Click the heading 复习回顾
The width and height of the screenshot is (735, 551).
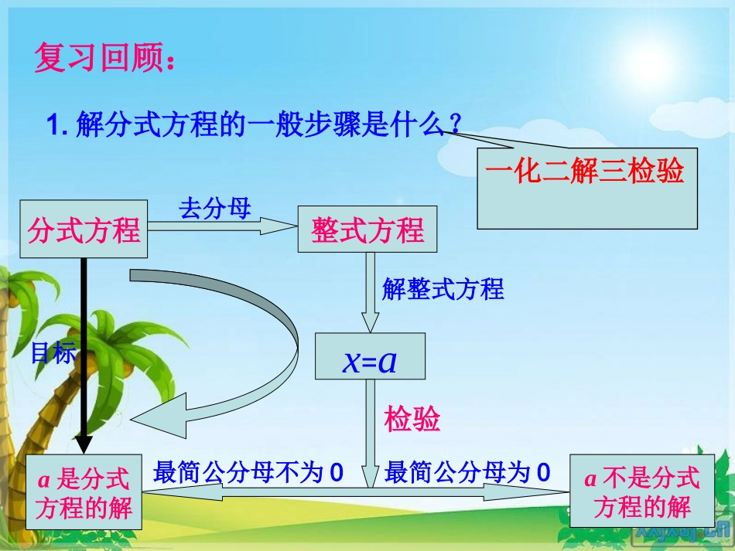104,59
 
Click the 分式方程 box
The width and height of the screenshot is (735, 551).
84,230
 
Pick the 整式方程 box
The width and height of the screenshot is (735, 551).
367,230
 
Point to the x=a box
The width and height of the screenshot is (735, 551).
370,357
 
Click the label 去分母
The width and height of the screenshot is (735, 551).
215,207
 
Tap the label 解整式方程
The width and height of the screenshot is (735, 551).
443,289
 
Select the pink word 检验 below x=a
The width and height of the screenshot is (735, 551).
412,418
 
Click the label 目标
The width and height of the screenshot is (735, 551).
53,352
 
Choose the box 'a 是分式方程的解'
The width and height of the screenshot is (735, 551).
84,492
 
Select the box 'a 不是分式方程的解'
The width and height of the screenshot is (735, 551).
641,491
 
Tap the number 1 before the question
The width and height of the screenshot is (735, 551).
54,124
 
